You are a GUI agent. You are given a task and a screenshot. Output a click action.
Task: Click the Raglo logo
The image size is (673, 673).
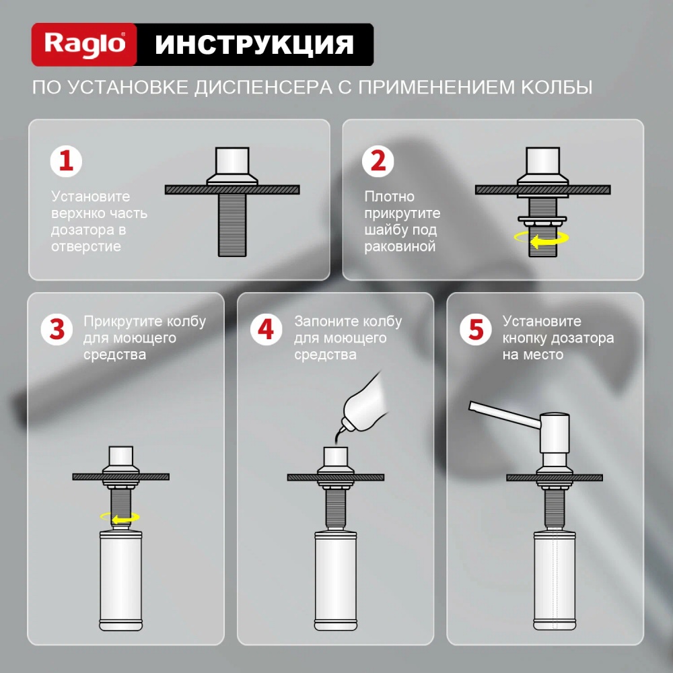(84, 44)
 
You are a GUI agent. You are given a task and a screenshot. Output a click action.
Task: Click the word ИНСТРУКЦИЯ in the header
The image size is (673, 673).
(254, 44)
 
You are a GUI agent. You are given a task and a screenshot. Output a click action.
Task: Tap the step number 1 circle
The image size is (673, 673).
(66, 162)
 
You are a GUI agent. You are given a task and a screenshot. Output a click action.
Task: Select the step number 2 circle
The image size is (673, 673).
(378, 162)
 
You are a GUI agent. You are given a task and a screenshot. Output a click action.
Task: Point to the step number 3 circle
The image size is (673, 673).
(57, 330)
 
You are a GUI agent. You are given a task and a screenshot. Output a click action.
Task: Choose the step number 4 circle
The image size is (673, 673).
(266, 330)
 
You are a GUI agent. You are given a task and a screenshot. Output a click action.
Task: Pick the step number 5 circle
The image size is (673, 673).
(476, 330)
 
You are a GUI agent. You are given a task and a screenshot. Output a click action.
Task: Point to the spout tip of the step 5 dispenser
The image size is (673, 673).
(471, 405)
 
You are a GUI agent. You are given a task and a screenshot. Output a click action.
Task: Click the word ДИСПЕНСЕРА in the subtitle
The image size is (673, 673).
(262, 87)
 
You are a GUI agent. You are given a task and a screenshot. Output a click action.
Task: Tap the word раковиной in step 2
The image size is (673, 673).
(400, 247)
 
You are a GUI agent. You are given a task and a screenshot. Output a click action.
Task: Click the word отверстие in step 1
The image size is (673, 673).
(86, 247)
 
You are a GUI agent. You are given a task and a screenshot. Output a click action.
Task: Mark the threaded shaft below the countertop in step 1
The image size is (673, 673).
(232, 225)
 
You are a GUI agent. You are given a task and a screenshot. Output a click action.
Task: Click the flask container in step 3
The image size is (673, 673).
(120, 580)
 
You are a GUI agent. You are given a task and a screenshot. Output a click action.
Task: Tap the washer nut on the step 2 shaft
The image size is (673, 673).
(542, 220)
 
